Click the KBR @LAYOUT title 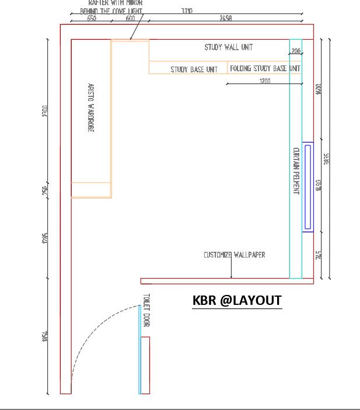(x=237, y=300)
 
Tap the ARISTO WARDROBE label (x=90, y=107)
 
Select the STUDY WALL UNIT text (x=228, y=47)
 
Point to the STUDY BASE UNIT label (x=194, y=70)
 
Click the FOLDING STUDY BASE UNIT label (x=265, y=68)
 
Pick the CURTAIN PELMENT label (x=296, y=171)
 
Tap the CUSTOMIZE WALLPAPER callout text (x=234, y=255)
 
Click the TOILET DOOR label (x=146, y=310)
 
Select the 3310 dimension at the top (x=187, y=11)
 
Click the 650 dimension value (x=92, y=18)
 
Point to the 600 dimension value (x=130, y=18)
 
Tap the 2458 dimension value (x=226, y=18)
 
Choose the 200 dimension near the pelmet (x=296, y=51)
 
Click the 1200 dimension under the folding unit (x=265, y=81)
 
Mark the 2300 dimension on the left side (x=46, y=111)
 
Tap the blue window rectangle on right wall (x=308, y=187)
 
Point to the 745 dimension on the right (x=319, y=255)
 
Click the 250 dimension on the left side (x=46, y=190)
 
